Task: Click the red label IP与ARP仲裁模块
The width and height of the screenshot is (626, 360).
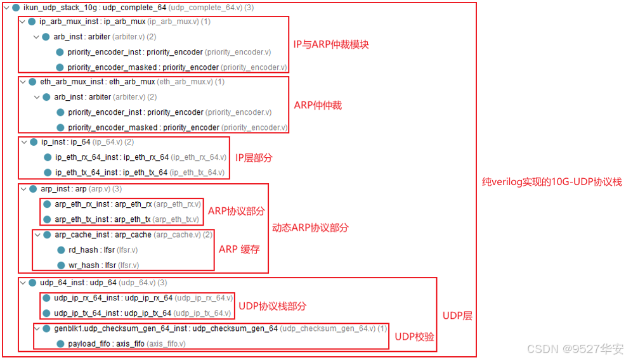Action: coord(330,44)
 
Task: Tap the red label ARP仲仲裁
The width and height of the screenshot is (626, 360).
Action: coord(318,105)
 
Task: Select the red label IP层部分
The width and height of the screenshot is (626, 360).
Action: coord(254,157)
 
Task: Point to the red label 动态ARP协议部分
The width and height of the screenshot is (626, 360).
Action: coord(310,228)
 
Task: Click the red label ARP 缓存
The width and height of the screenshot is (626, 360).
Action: coord(239,249)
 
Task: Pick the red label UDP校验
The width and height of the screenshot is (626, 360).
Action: coord(414,337)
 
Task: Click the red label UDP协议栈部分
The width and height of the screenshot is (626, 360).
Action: coord(272,306)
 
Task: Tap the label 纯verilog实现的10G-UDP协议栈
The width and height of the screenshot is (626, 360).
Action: coord(552,182)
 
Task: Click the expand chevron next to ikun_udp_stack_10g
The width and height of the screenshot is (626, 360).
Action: coord(6,7)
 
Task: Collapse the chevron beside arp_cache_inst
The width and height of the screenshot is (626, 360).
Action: coord(37,235)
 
